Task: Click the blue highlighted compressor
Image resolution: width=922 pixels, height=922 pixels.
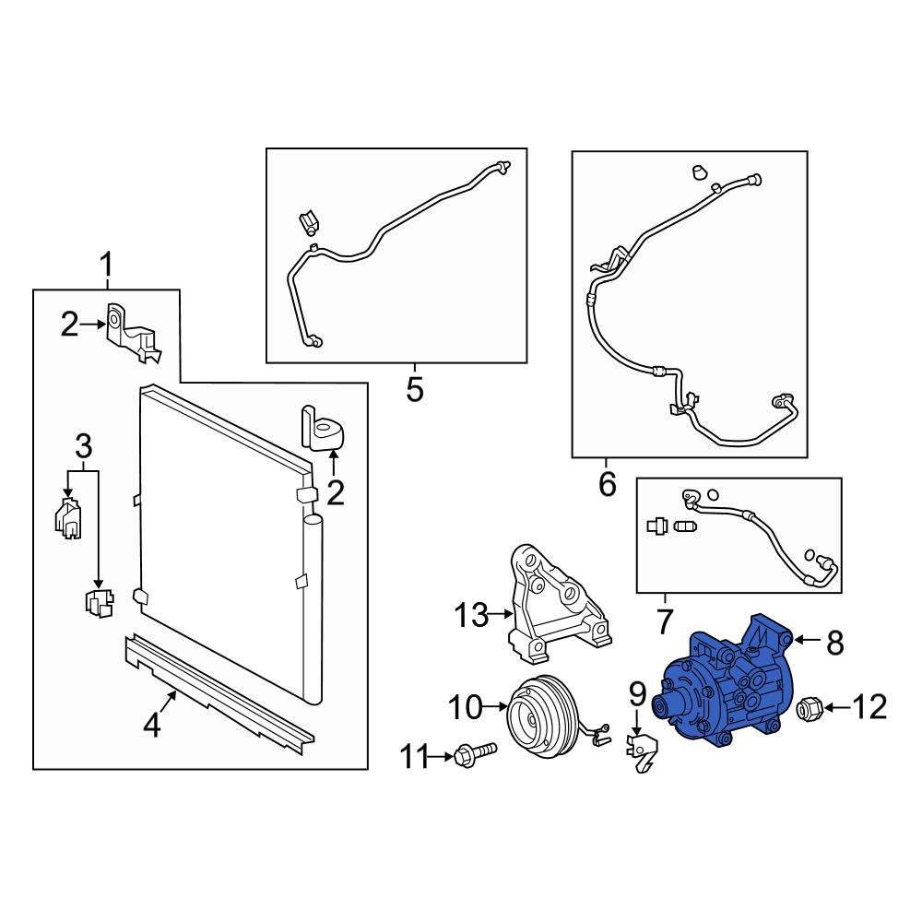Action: tap(723, 682)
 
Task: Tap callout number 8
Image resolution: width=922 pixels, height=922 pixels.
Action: tap(835, 643)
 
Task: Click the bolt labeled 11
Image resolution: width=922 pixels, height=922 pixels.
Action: tap(475, 753)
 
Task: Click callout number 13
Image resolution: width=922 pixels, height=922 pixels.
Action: tap(471, 615)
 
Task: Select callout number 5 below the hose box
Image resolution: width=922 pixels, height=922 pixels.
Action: tap(415, 389)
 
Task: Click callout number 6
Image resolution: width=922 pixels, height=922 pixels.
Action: tap(607, 484)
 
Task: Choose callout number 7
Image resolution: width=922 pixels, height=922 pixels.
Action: tap(665, 621)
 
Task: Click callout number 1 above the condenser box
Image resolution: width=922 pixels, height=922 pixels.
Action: tap(106, 266)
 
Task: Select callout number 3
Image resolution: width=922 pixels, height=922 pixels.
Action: tap(84, 446)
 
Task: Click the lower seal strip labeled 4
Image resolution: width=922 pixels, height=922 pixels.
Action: tap(219, 694)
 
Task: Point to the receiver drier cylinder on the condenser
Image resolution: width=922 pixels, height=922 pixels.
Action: tap(313, 608)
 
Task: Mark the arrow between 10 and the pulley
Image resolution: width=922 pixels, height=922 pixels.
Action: tap(495, 706)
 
